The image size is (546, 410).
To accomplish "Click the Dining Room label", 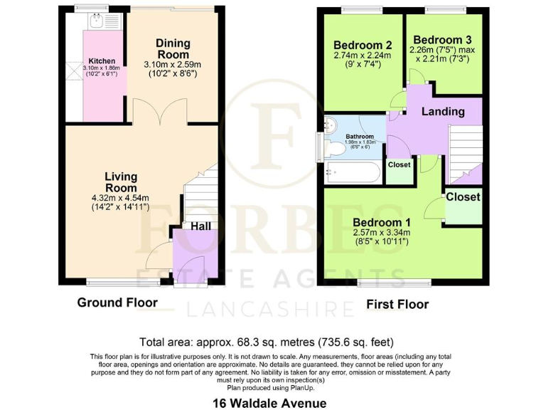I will [173, 49].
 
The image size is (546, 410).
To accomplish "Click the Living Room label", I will [121, 182].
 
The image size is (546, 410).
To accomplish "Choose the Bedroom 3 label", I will [443, 40].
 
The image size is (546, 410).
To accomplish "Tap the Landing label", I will [443, 111].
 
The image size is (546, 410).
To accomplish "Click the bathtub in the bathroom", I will [353, 172].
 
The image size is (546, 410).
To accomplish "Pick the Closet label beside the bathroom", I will [399, 165].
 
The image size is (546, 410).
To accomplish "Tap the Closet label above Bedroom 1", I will [463, 196].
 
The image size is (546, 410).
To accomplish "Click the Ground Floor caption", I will [117, 303].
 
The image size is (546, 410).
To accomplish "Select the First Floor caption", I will [397, 305].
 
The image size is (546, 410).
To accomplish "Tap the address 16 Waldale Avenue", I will [270, 402].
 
